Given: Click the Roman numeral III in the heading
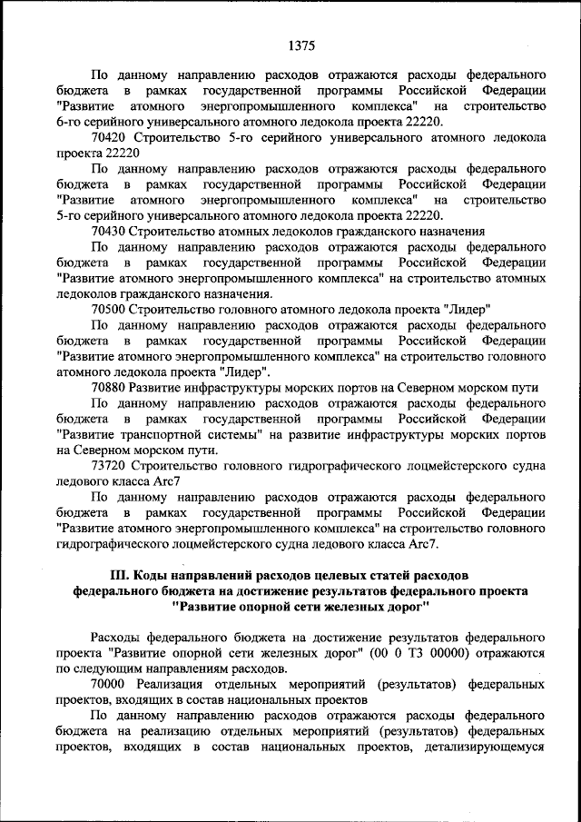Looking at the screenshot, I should point(120,576).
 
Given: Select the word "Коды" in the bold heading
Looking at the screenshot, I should point(158,576).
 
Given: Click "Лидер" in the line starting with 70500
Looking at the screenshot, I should point(468,309).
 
